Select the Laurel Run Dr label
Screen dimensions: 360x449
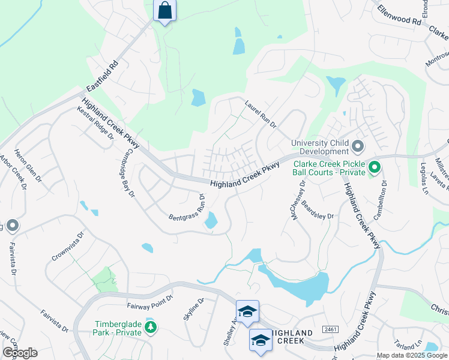259,114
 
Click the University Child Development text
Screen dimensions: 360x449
321,147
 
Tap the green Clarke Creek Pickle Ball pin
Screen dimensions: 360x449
375,167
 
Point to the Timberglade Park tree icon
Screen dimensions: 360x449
151,327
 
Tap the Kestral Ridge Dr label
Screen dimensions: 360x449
95,122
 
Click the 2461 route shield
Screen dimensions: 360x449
329,329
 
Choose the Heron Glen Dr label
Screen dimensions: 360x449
26,166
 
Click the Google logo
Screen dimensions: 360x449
20,352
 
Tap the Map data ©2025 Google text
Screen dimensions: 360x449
411,355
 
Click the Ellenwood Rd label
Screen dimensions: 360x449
400,16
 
